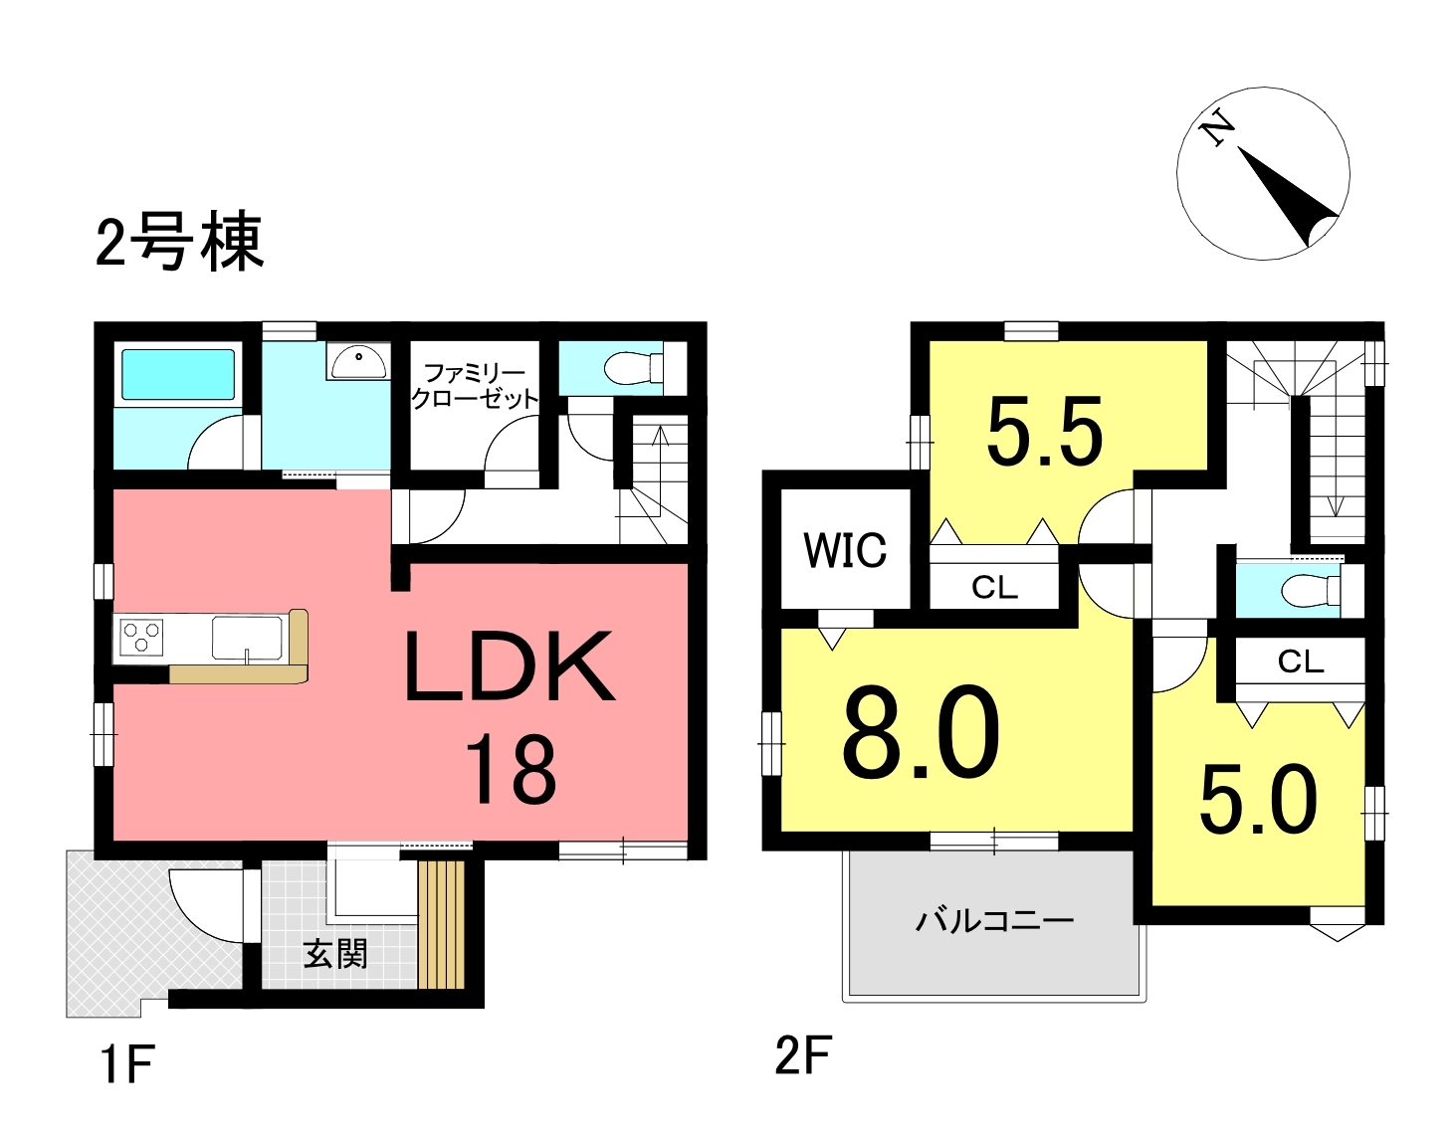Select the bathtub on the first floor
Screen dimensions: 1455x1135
pyautogui.click(x=177, y=375)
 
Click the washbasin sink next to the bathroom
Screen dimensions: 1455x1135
pyautogui.click(x=359, y=362)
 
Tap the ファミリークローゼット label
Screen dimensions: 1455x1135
pyautogui.click(x=475, y=386)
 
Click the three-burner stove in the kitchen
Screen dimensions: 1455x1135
pyautogui.click(x=141, y=637)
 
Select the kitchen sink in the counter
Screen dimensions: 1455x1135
pyautogui.click(x=247, y=638)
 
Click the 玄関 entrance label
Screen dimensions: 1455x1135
pyautogui.click(x=335, y=954)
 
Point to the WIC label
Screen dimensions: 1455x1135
pyautogui.click(x=846, y=550)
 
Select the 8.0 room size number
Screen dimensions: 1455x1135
pyautogui.click(x=921, y=734)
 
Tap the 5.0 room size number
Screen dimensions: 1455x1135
pyautogui.click(x=1259, y=800)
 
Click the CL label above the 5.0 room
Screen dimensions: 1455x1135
pyautogui.click(x=1301, y=662)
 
